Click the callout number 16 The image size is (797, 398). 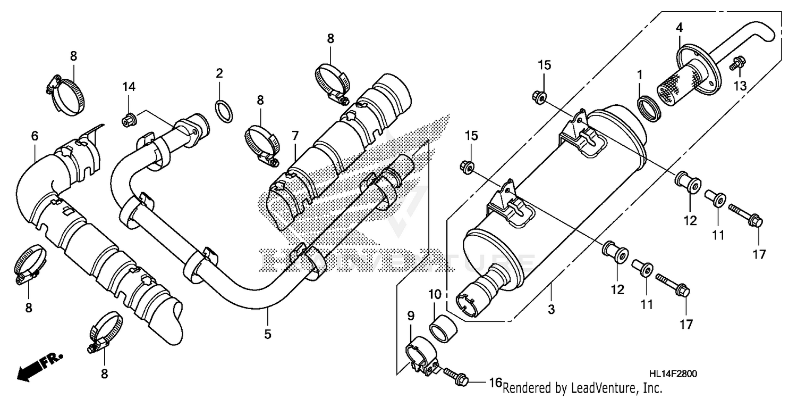pyautogui.click(x=495, y=383)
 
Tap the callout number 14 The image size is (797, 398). pyautogui.click(x=130, y=87)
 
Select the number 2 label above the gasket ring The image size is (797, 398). pyautogui.click(x=219, y=73)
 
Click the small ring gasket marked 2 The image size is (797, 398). pyautogui.click(x=224, y=110)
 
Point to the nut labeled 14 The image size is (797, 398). pyautogui.click(x=129, y=120)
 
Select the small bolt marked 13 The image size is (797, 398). pyautogui.click(x=736, y=64)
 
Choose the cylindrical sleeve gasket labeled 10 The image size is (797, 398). pyautogui.click(x=443, y=327)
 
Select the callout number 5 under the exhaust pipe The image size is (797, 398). pyautogui.click(x=268, y=334)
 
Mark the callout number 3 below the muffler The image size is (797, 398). pyautogui.click(x=551, y=309)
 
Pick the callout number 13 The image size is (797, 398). pyautogui.click(x=740, y=86)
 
